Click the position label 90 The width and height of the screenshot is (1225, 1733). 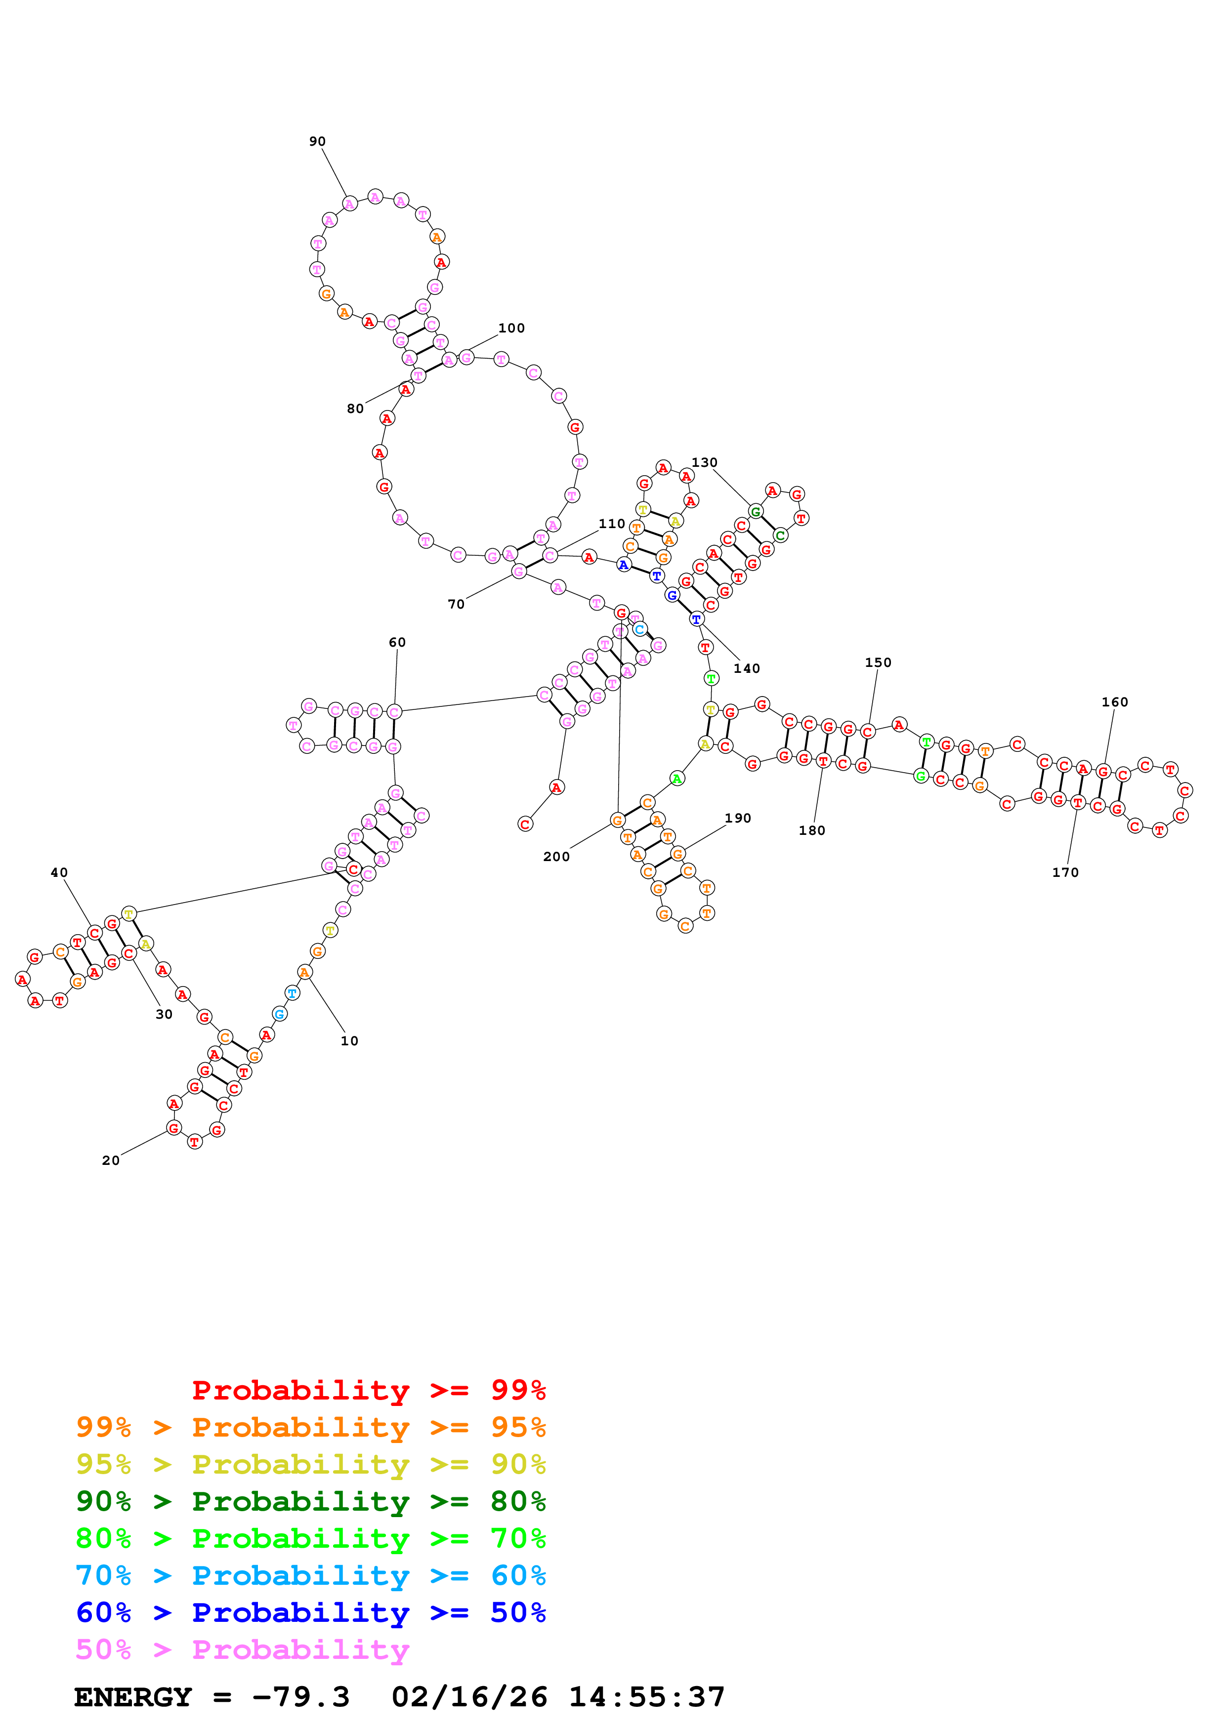click(317, 141)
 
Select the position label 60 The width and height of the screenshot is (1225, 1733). click(397, 642)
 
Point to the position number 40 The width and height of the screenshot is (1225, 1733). click(59, 872)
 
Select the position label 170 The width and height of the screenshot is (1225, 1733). click(1065, 872)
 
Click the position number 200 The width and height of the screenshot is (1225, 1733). click(556, 857)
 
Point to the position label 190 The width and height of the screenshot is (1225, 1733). click(737, 818)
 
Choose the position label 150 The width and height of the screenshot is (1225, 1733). click(878, 662)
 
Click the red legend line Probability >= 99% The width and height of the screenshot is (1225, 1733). click(368, 1390)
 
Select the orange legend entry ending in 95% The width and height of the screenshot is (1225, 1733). click(311, 1427)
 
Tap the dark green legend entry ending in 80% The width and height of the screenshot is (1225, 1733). click(311, 1501)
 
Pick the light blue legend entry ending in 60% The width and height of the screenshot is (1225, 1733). click(311, 1575)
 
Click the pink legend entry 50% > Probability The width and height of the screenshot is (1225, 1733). click(242, 1649)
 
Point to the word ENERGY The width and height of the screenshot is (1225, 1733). click(133, 1697)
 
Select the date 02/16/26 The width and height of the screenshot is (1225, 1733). click(469, 1697)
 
